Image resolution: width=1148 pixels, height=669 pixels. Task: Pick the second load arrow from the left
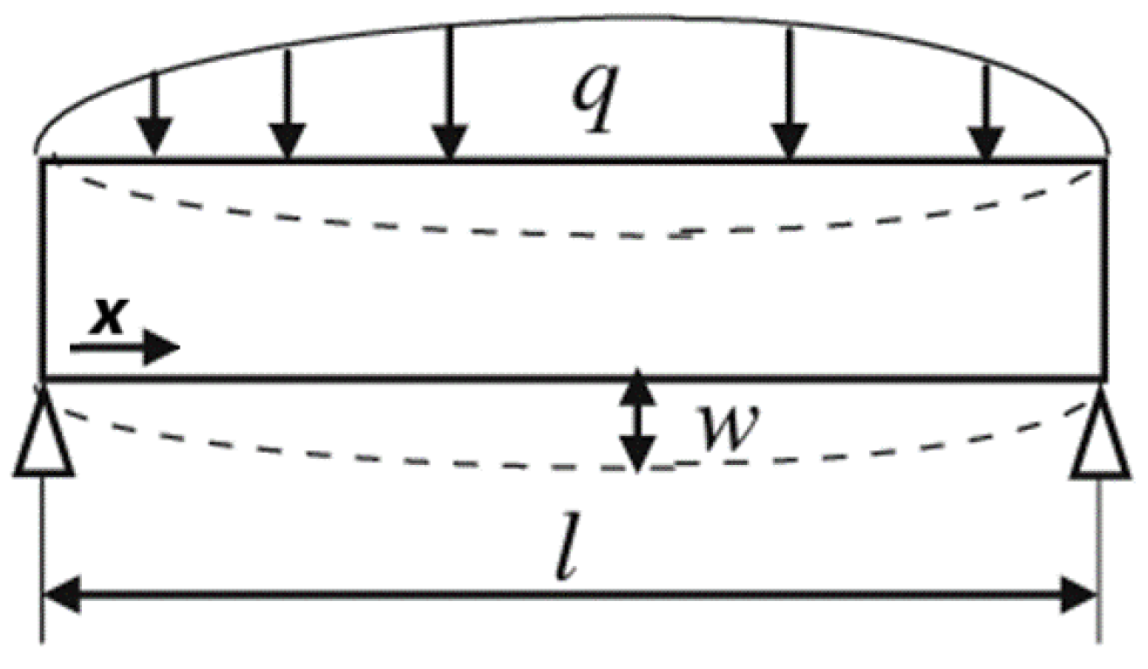[x=287, y=105]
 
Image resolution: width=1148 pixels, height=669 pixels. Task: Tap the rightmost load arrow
[x=986, y=113]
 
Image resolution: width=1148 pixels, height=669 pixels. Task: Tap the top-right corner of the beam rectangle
[x=1106, y=160]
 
